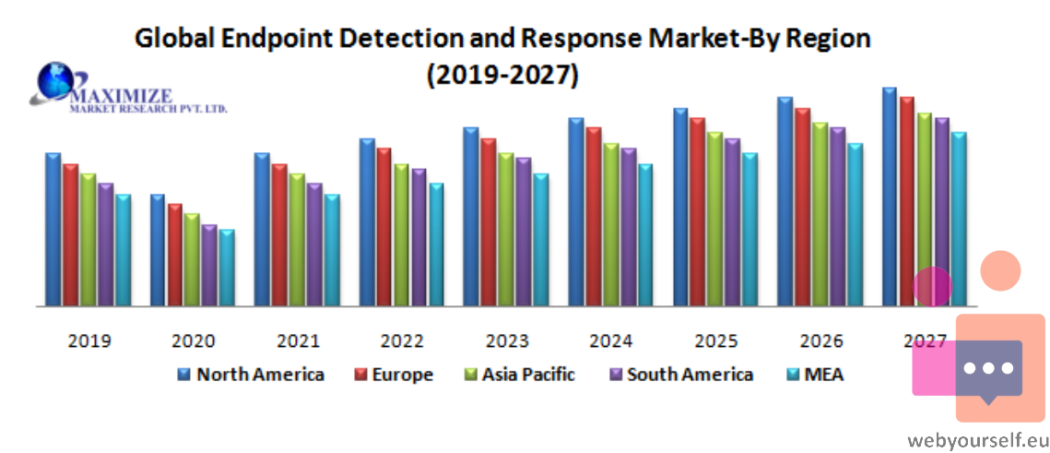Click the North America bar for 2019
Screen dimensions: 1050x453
coord(53,229)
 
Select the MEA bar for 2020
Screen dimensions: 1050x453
coord(227,268)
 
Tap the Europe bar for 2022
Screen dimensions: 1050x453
coord(384,227)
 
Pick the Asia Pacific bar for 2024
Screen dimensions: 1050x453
coord(611,224)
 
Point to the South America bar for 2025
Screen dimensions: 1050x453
coord(733,221)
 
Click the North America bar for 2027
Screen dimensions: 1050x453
coord(890,197)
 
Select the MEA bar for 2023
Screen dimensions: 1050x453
coord(541,240)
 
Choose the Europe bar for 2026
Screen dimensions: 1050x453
coord(803,207)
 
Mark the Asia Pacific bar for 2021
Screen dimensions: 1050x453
coord(298,240)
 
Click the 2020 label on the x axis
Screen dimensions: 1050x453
coord(194,341)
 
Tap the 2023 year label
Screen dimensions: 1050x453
coord(507,341)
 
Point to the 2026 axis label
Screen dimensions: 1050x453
coord(821,341)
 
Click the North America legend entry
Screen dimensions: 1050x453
coord(251,374)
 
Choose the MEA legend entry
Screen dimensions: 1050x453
coord(814,374)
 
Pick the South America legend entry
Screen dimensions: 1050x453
coord(680,374)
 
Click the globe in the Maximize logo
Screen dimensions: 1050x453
coord(56,80)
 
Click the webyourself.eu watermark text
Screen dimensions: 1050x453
coord(978,440)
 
